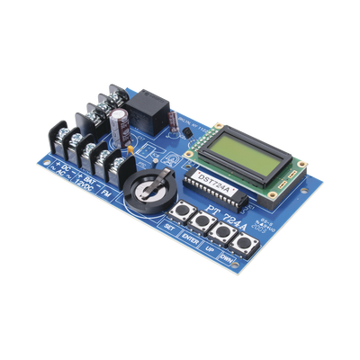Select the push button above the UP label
pyautogui.click(x=219, y=234)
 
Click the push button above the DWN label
pyautogui.click(x=242, y=243)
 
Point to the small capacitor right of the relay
pyautogui.click(x=174, y=123)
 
